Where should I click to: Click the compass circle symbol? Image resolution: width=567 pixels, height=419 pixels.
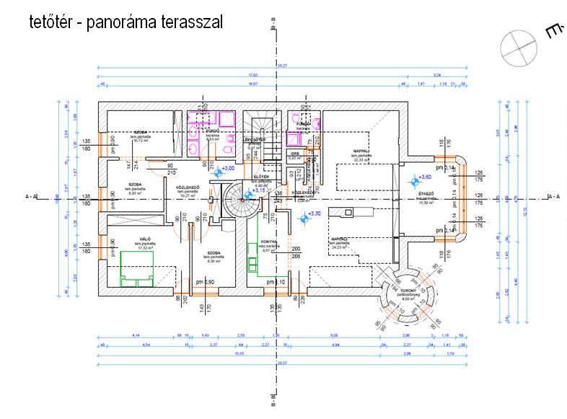519,47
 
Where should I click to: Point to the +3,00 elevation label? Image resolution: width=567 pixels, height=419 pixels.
229,168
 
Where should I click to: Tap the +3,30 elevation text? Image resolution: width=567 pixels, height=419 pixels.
313,213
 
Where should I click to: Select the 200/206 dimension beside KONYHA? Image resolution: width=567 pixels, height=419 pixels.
296,252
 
